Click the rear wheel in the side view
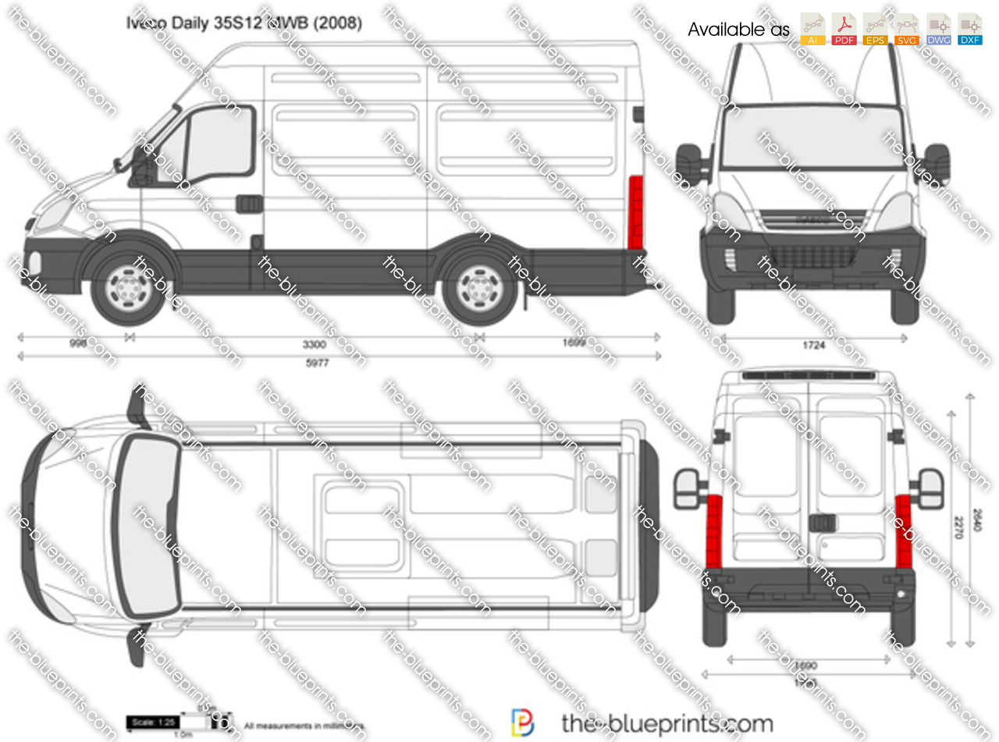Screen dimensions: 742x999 coord(479,286)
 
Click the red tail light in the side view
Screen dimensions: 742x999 coord(635,212)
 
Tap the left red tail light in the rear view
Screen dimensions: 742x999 coord(713,531)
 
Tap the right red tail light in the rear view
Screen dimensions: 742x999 coord(904,531)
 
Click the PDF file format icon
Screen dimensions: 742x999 coord(844,29)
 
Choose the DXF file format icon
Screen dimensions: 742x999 coord(969,29)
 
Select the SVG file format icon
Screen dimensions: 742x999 coord(906,29)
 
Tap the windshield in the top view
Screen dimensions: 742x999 coord(148,526)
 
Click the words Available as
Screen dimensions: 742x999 coord(738,30)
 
